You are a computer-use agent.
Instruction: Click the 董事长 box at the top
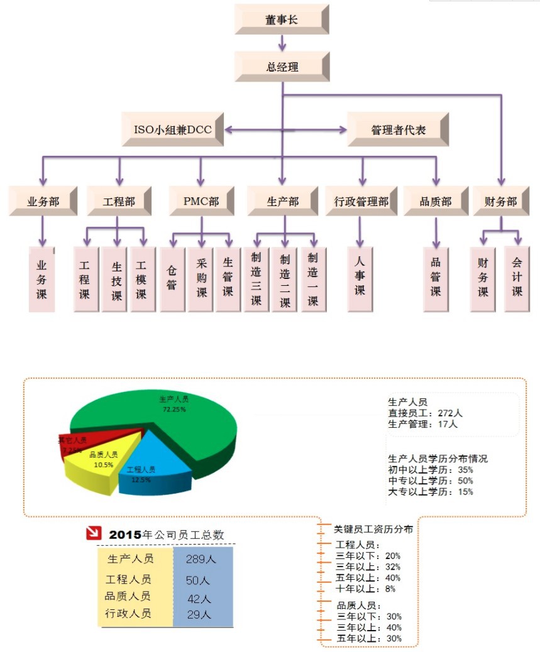tap(282, 19)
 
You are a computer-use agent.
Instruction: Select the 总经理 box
tap(282, 67)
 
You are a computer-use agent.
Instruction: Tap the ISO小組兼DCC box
tap(173, 130)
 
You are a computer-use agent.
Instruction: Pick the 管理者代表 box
tap(398, 130)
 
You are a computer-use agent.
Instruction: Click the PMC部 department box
tap(201, 201)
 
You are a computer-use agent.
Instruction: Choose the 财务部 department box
tap(501, 201)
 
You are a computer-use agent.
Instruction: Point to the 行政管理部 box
tap(361, 201)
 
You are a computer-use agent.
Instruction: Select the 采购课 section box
tap(201, 280)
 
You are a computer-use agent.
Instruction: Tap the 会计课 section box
tap(517, 280)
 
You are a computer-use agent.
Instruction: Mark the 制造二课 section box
tap(285, 280)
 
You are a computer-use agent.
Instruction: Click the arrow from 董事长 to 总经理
tap(282, 43)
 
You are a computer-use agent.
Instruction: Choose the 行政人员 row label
tap(128, 614)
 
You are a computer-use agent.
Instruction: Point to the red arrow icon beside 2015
tap(94, 534)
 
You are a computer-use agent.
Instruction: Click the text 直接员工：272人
tap(426, 413)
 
